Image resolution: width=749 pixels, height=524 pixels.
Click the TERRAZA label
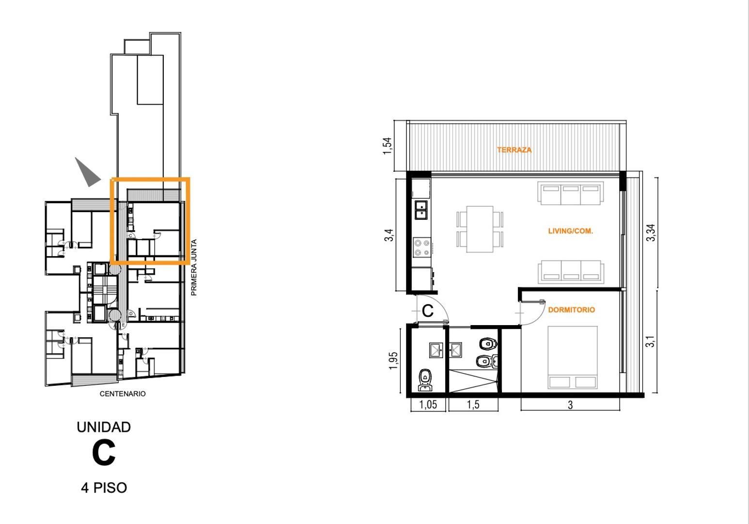click(x=514, y=149)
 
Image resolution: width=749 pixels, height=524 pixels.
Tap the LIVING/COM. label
click(x=570, y=230)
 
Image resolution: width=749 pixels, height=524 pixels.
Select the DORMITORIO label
click(x=572, y=310)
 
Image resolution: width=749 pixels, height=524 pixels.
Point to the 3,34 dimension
click(x=651, y=232)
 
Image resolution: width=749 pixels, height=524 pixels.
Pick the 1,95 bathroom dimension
click(x=393, y=360)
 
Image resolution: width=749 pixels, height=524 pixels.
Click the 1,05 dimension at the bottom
click(x=428, y=405)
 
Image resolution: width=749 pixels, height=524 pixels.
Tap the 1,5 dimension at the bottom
click(x=473, y=405)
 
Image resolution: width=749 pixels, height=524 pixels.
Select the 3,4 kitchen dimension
click(x=389, y=235)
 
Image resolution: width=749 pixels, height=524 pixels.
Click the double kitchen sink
click(x=421, y=210)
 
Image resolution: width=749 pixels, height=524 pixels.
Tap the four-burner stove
click(x=421, y=247)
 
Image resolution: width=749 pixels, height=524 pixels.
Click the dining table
click(x=480, y=229)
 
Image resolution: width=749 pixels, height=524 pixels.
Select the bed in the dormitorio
click(x=573, y=358)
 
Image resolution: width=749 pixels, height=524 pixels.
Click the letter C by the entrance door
click(x=428, y=311)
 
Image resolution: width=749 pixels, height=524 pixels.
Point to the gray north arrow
click(x=87, y=172)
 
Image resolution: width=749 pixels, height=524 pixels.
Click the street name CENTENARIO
click(x=123, y=394)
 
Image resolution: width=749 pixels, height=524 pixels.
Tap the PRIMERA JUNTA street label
click(x=194, y=267)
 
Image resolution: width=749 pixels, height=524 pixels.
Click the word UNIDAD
click(x=104, y=427)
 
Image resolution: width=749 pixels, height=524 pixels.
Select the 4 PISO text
click(x=104, y=488)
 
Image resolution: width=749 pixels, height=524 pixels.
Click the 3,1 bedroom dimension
click(x=650, y=341)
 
